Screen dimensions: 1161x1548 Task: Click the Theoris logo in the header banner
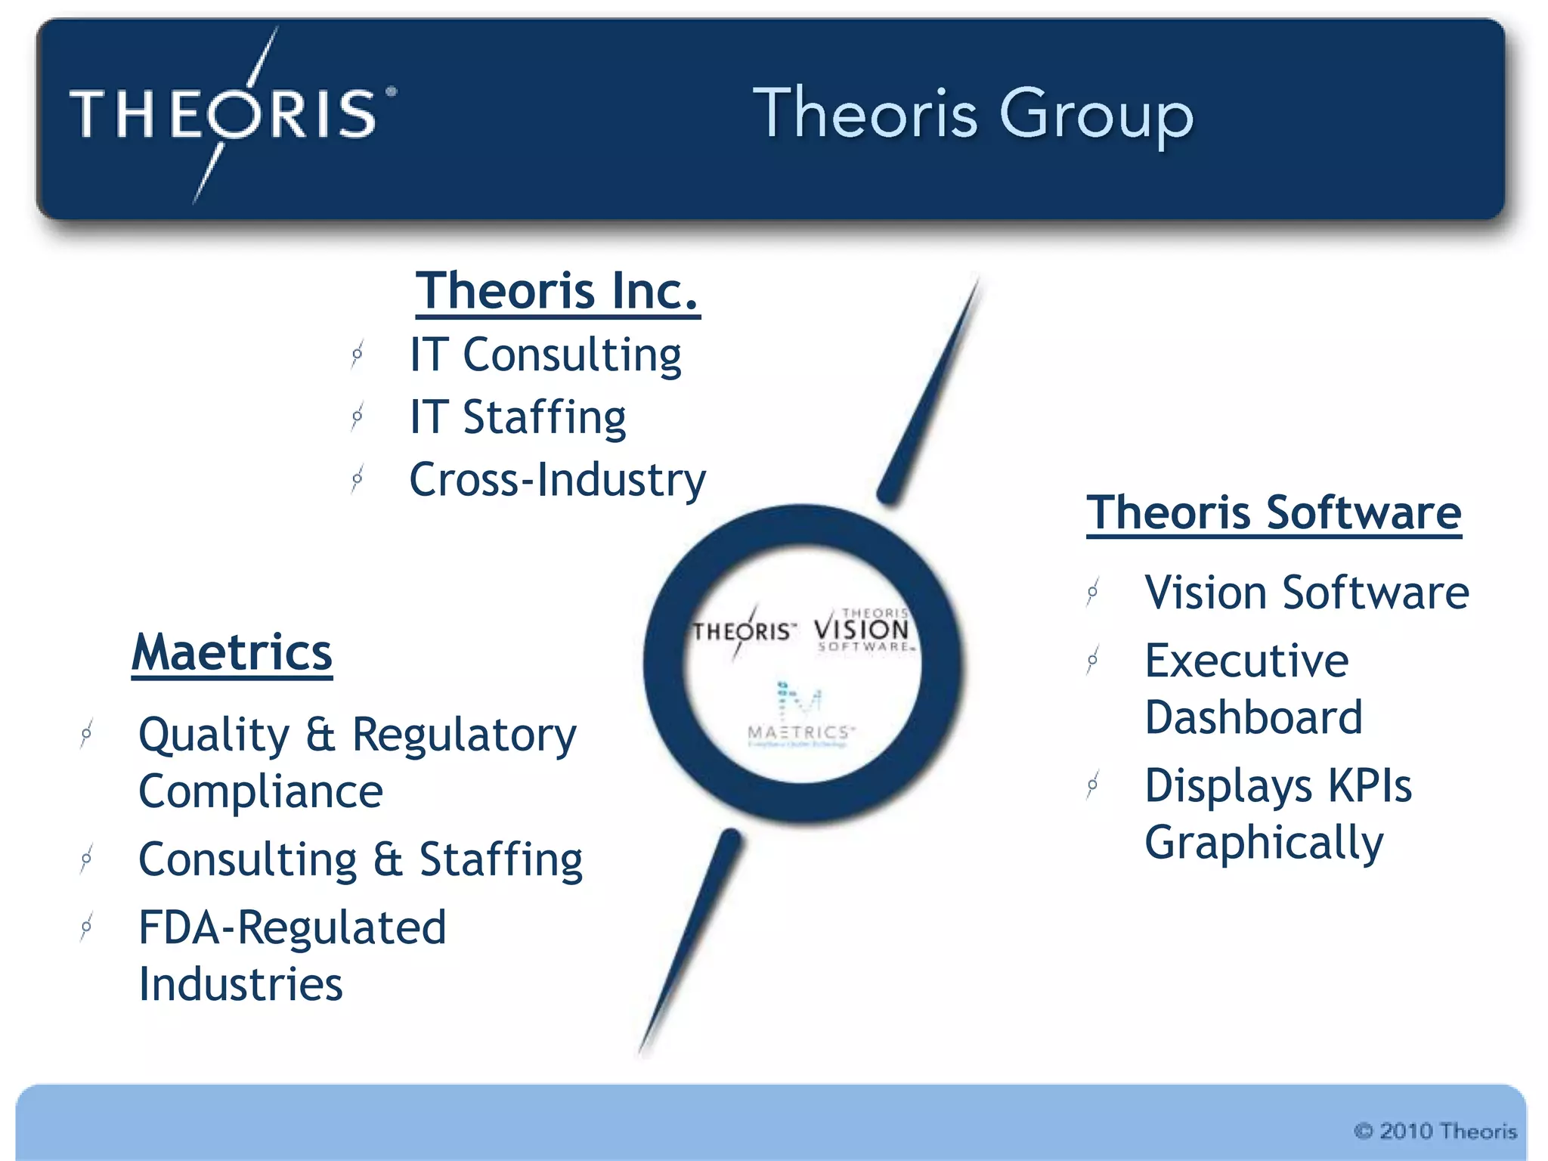[x=227, y=114]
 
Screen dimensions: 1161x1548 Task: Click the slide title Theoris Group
[x=973, y=114]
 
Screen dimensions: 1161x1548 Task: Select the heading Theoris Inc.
[x=557, y=291]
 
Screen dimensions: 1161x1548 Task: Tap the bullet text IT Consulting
[x=545, y=354]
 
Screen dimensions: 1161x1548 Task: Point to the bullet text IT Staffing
[x=518, y=417]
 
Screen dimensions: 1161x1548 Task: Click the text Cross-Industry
[x=557, y=480]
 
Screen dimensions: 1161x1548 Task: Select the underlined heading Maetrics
[x=232, y=652]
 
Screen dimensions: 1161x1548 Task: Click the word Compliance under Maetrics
[x=261, y=791]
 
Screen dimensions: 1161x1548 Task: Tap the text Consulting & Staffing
[x=361, y=859]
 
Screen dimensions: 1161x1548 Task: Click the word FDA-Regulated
[x=293, y=927]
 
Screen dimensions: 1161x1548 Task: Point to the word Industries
[x=240, y=985]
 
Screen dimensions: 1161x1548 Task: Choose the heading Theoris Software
[x=1274, y=513]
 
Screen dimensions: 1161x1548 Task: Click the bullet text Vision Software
[x=1306, y=592]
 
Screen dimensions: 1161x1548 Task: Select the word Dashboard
[x=1253, y=717]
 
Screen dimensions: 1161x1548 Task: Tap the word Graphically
[x=1264, y=843]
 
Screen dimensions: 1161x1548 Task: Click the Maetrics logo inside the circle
[x=800, y=714]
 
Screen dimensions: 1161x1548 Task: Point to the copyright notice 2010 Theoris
[x=1435, y=1131]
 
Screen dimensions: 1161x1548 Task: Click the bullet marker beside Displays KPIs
[x=1092, y=786]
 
